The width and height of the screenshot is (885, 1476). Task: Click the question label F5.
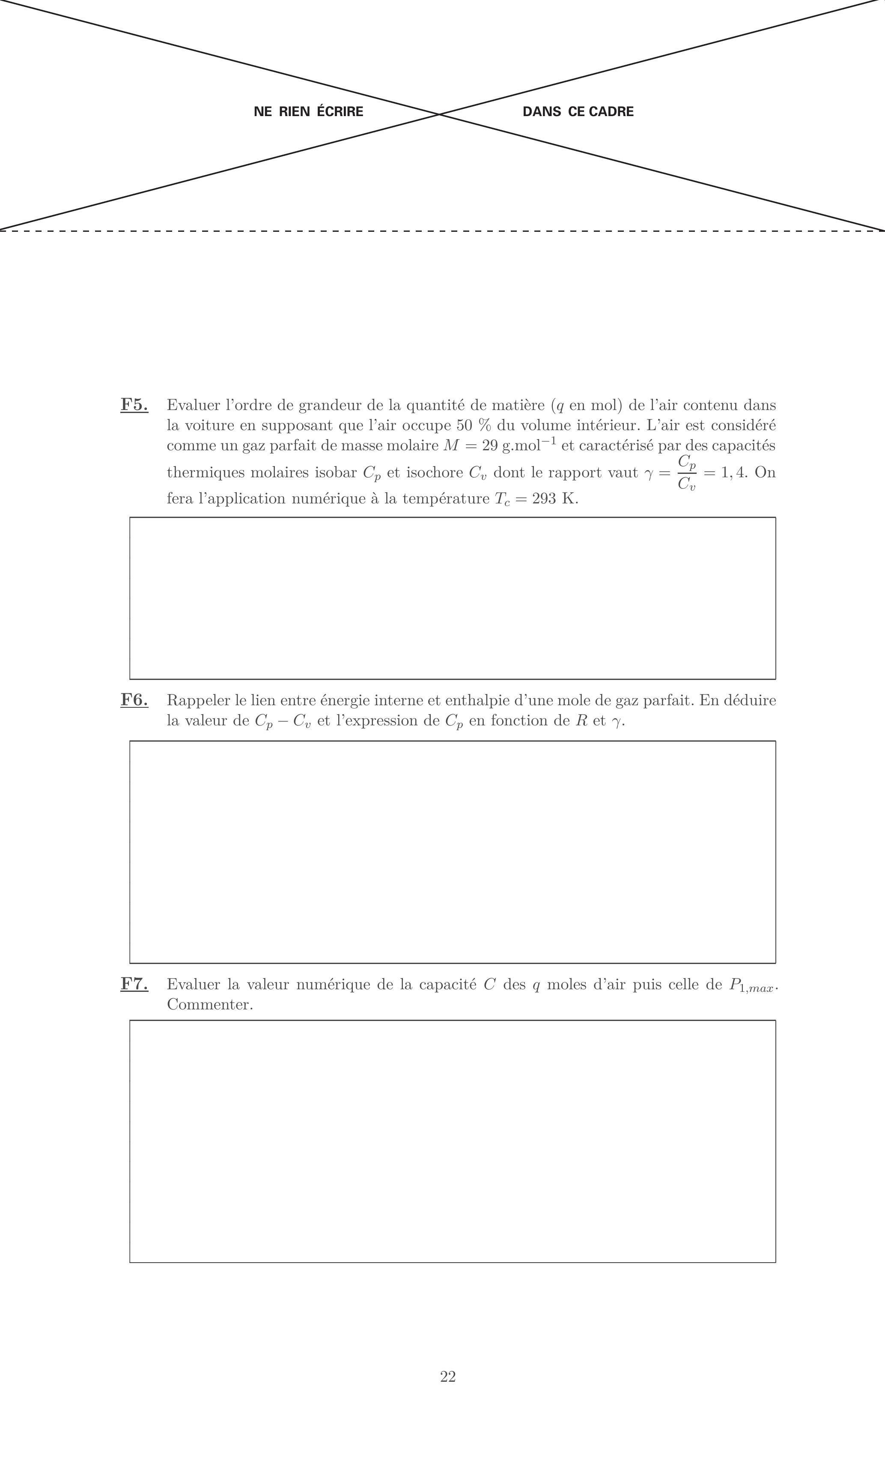[134, 405]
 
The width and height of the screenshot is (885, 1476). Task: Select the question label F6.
[134, 701]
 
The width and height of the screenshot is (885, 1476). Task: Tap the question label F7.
[134, 985]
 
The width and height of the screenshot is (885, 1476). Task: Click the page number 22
[448, 1376]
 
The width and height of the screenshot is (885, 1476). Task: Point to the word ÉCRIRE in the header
[340, 111]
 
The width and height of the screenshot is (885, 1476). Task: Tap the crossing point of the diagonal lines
[440, 114]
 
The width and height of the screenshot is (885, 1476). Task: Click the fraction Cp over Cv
[687, 473]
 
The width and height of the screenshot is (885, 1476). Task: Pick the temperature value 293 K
[554, 499]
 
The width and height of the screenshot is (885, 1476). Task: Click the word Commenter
[210, 1005]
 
